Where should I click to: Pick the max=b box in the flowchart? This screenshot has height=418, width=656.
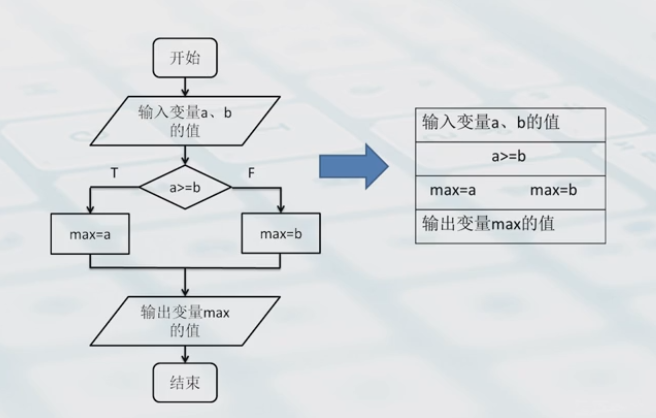tap(279, 234)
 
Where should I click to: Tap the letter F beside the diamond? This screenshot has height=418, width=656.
tap(251, 173)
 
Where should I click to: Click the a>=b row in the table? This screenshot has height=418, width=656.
tap(509, 157)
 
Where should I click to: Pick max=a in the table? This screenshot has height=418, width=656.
tap(452, 190)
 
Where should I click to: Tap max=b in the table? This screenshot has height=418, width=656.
tap(554, 190)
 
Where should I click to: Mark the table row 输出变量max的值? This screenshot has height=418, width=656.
tap(509, 224)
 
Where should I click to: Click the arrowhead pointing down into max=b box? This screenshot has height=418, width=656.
tap(280, 208)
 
